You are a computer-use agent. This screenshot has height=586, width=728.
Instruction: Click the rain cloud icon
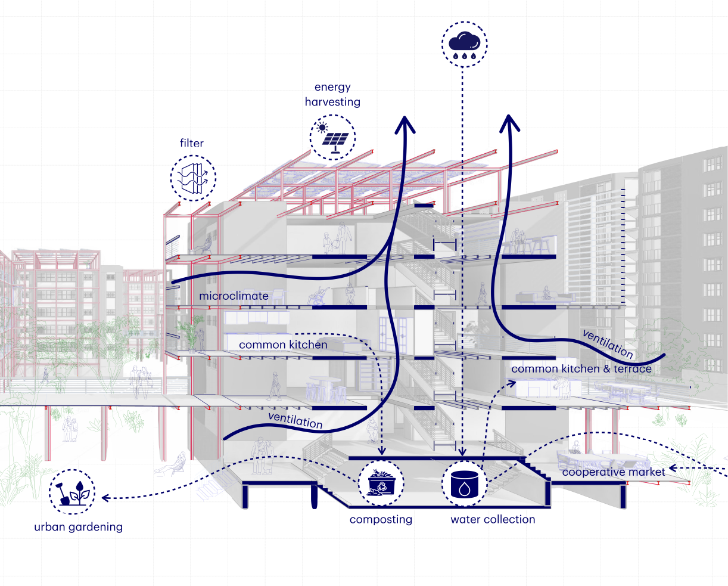point(465,44)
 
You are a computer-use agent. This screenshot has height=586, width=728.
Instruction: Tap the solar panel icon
point(332,138)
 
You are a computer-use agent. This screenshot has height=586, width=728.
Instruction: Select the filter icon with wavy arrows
point(193,178)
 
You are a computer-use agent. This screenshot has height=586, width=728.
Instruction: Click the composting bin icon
point(381,483)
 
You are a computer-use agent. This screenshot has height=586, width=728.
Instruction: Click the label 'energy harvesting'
point(332,95)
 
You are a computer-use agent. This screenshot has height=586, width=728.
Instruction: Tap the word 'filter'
point(192,143)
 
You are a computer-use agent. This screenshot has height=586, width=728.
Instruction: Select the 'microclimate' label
point(234,296)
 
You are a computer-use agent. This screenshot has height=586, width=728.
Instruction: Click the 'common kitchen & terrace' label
point(581,369)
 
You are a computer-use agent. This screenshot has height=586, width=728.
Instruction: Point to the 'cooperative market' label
point(614,472)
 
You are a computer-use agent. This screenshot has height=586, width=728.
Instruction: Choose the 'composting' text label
point(381,519)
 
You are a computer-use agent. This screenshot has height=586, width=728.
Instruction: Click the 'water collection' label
point(493,519)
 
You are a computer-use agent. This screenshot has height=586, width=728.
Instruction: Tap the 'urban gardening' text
point(78,527)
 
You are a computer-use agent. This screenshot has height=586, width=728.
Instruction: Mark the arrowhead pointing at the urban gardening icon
point(104,497)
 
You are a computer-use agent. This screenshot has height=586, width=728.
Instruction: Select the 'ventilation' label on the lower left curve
point(295,420)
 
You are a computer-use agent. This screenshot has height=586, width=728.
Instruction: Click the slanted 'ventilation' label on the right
point(608,344)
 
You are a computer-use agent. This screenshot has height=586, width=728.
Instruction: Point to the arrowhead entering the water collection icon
point(463,452)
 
